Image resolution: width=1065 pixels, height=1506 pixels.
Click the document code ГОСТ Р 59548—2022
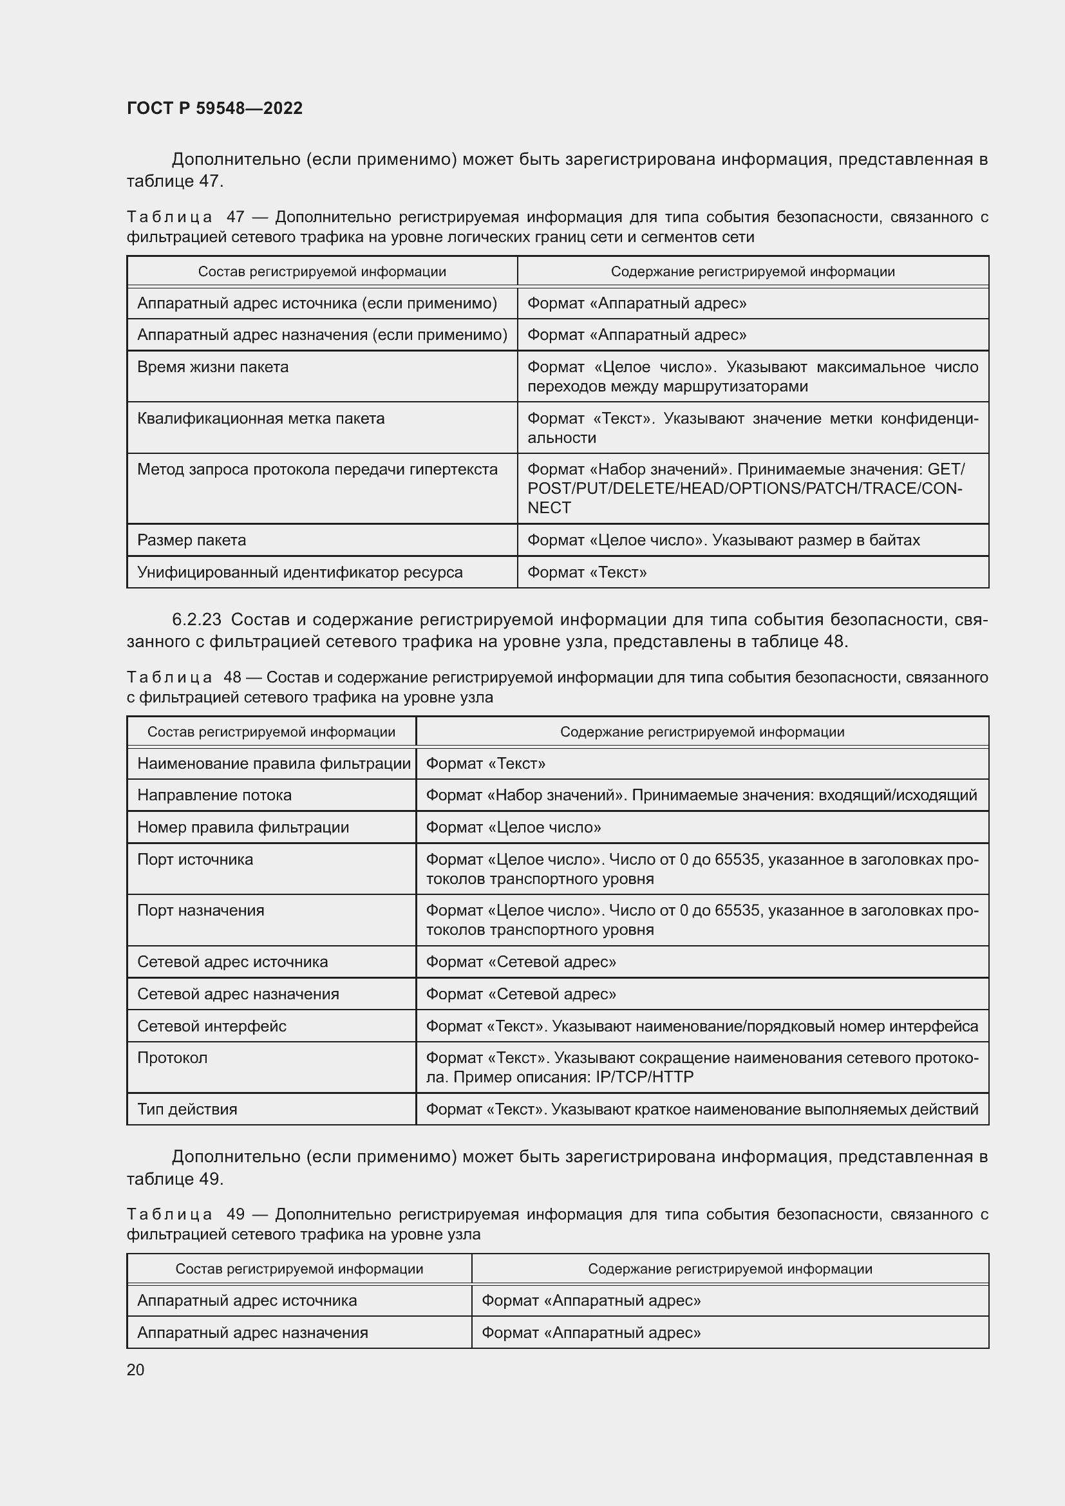point(214,108)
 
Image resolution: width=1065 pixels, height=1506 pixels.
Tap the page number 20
point(136,1370)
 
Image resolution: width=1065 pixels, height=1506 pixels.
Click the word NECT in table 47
point(549,507)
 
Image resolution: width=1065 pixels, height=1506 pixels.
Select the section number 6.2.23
point(197,620)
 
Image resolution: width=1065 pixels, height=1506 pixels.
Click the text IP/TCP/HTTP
point(645,1077)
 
